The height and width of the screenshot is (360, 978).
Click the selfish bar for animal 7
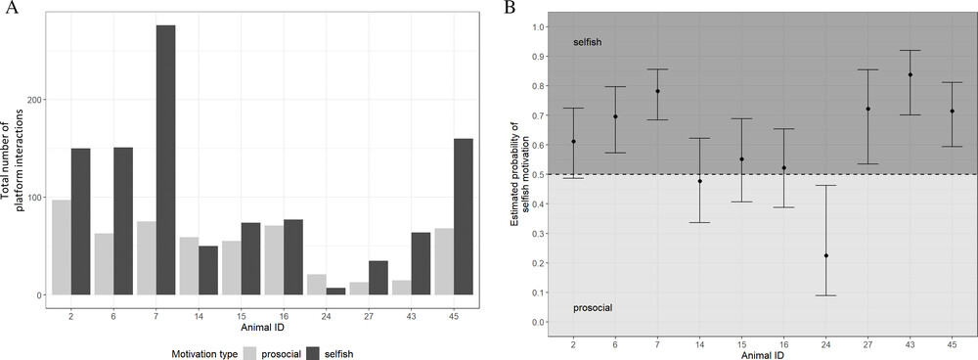coord(166,159)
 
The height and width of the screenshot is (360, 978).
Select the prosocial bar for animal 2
coord(61,247)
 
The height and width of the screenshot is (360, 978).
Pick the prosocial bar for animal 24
coord(316,285)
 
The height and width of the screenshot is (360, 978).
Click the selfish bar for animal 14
coord(208,270)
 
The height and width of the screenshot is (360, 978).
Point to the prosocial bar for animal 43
coord(402,288)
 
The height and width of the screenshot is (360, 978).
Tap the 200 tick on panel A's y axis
coord(35,100)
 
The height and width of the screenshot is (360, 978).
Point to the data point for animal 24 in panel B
coord(825,255)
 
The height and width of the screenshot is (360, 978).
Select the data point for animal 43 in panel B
coord(910,75)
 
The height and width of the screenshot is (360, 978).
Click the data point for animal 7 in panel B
coord(657,91)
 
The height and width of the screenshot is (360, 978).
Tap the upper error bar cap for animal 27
coord(867,69)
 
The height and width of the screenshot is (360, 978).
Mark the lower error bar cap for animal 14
coord(700,223)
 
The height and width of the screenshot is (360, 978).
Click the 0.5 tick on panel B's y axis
coord(537,175)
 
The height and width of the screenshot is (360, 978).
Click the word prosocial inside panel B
coord(593,308)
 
